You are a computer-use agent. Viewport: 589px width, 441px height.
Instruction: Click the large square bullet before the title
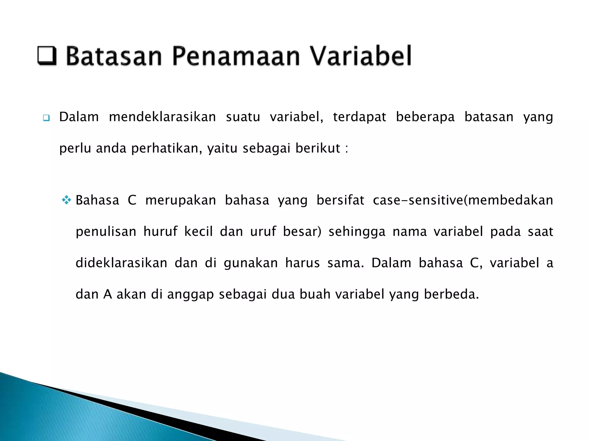click(47, 55)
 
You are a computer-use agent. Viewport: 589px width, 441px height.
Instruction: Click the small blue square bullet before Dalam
click(46, 118)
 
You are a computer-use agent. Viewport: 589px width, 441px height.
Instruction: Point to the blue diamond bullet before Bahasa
click(66, 200)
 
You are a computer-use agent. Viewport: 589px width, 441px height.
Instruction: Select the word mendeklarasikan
click(162, 117)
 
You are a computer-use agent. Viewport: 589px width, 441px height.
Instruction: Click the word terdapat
click(359, 117)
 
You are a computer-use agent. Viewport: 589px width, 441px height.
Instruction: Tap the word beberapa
click(425, 117)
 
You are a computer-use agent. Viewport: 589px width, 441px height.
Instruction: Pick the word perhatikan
click(167, 149)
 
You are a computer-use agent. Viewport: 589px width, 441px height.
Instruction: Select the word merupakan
click(181, 200)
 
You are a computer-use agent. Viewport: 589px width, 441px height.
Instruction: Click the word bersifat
click(340, 200)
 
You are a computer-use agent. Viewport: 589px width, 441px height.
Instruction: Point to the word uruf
click(263, 232)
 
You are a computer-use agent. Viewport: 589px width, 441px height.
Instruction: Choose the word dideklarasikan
click(121, 263)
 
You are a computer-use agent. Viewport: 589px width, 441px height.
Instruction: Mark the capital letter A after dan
click(108, 294)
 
